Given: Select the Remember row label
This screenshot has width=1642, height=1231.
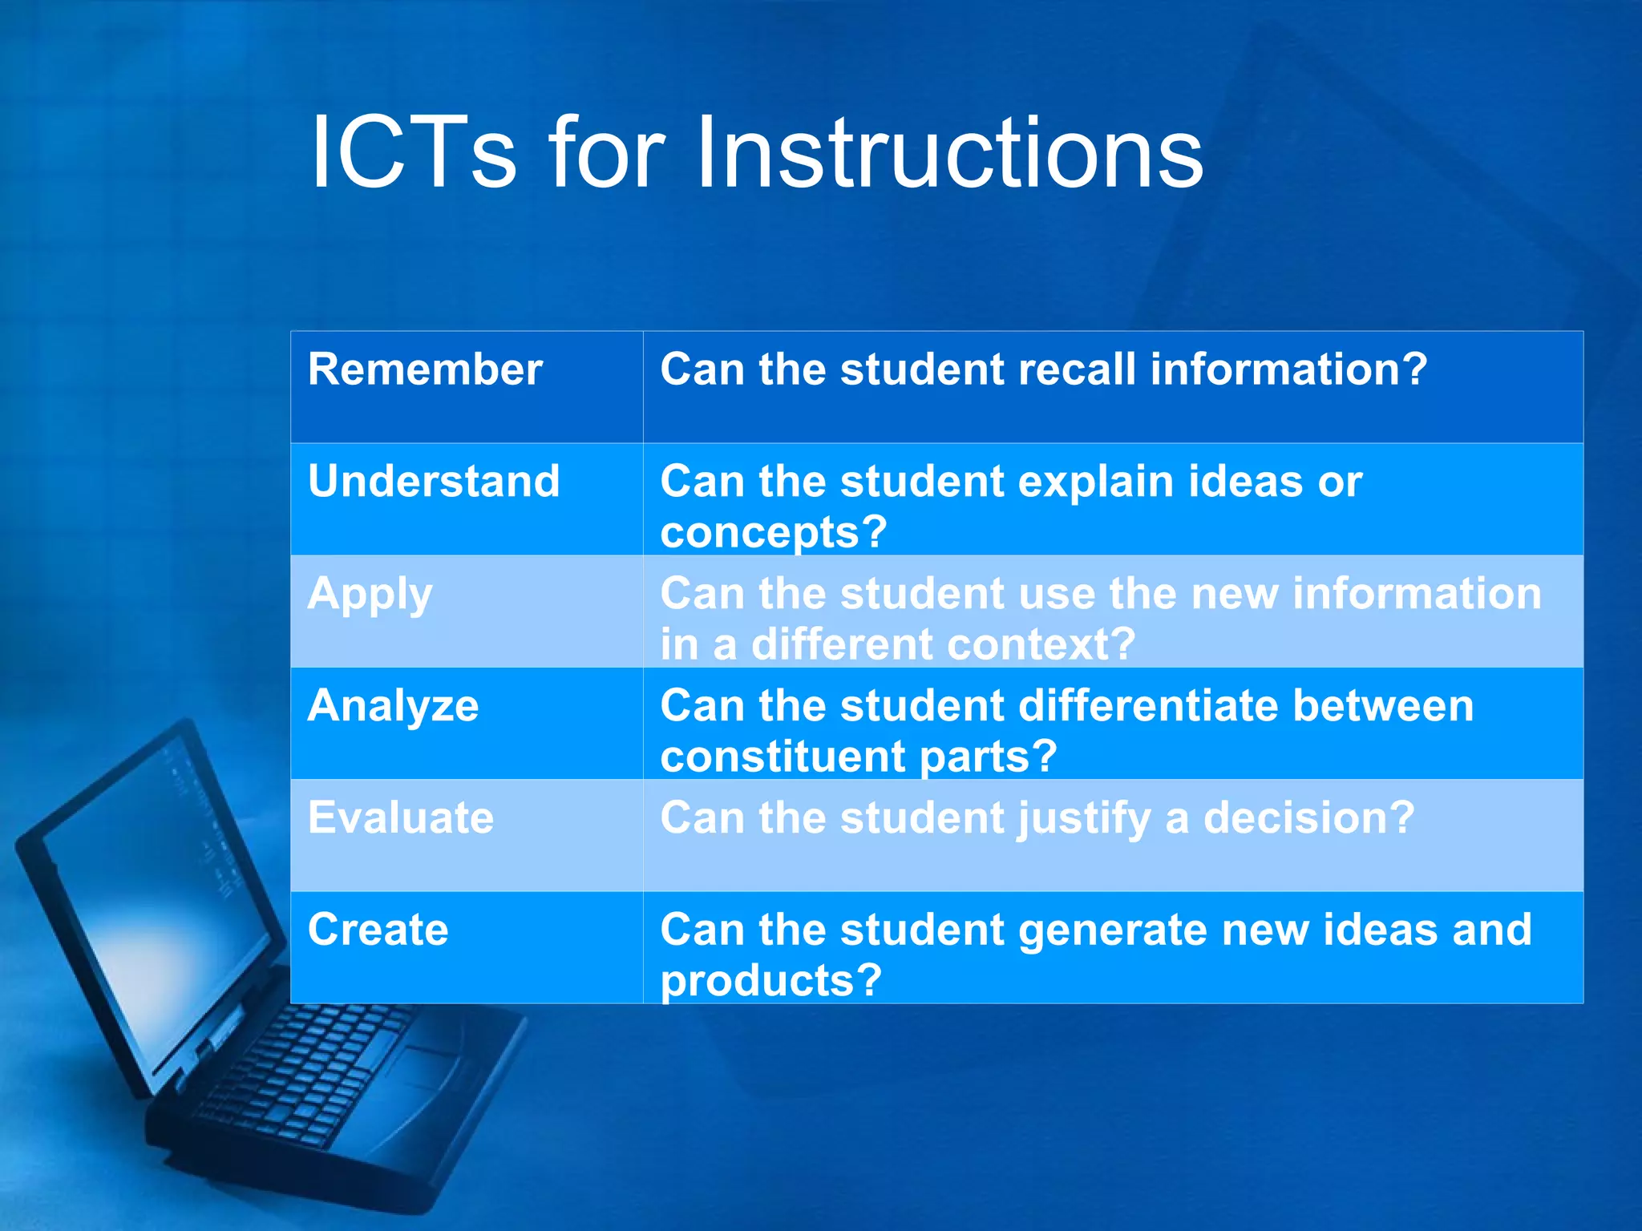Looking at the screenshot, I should [425, 369].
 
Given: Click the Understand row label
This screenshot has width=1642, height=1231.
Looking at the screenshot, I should [433, 482].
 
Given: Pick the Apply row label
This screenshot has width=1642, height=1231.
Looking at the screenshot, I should [370, 595].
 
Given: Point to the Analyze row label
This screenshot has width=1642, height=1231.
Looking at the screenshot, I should [393, 706].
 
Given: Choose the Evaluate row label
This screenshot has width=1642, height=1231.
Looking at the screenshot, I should [400, 818].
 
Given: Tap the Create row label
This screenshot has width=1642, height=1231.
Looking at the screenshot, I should [378, 930].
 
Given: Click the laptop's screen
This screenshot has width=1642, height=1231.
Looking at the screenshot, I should [152, 898].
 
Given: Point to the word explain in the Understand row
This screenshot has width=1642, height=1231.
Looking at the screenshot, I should [1095, 483].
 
